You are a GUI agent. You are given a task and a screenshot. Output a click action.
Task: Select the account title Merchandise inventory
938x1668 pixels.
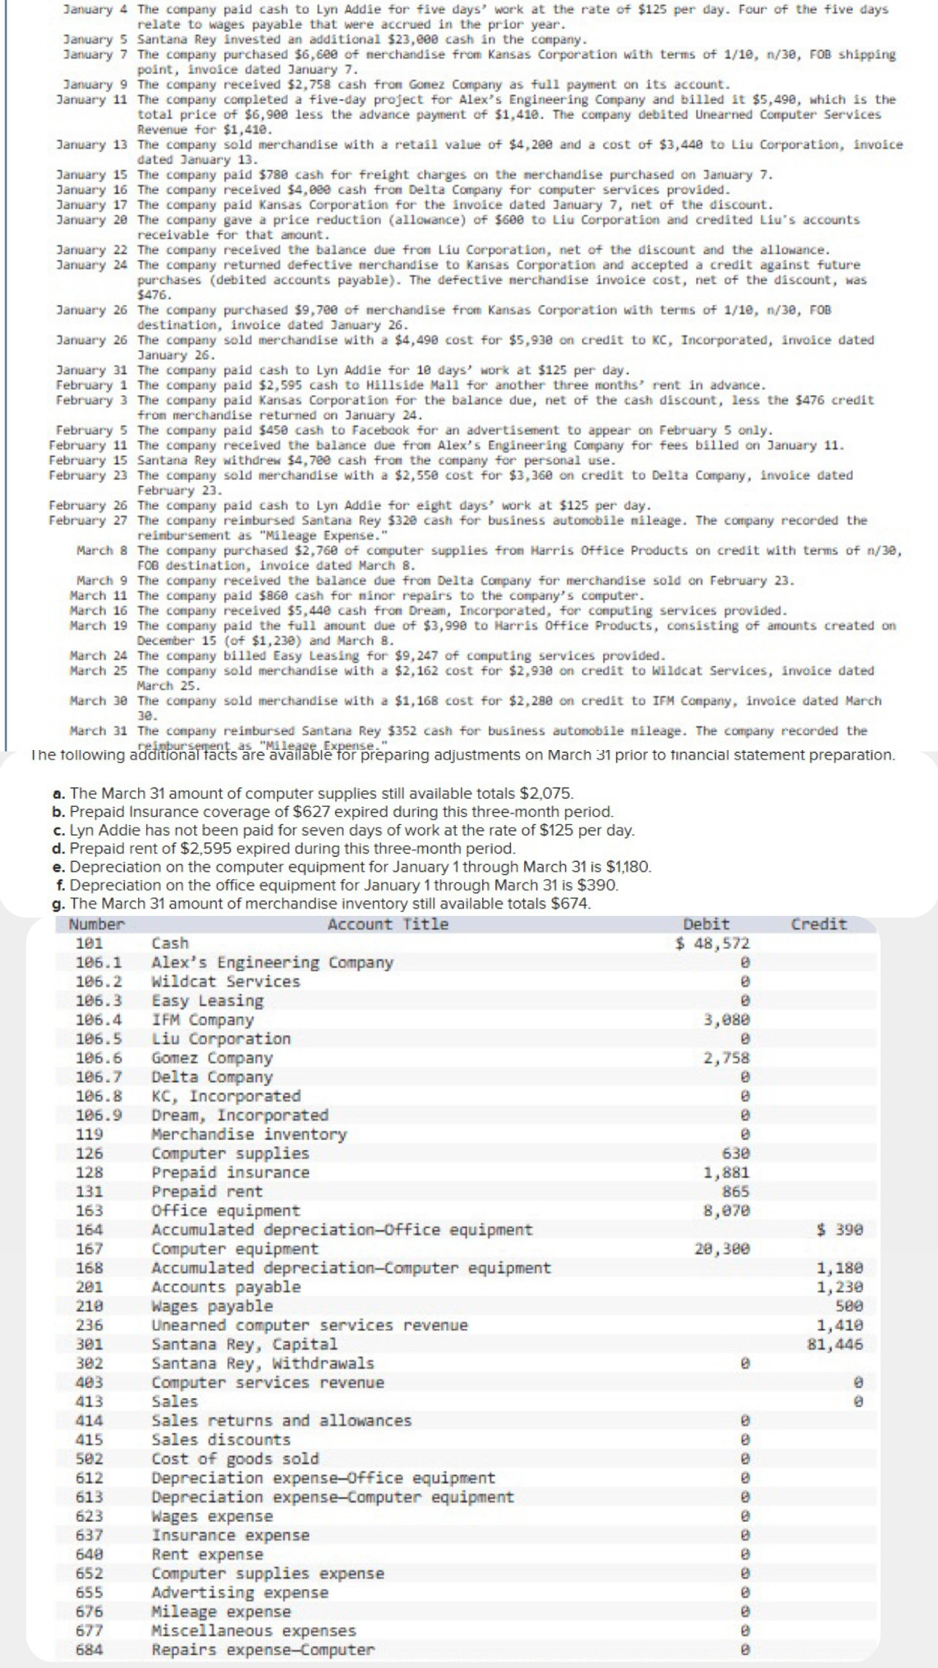(x=249, y=1134)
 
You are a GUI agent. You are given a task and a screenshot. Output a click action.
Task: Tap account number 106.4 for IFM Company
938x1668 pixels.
(x=98, y=1020)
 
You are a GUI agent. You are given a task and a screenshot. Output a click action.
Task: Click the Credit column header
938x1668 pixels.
(x=819, y=924)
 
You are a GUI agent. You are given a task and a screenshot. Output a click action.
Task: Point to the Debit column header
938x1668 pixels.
(x=706, y=924)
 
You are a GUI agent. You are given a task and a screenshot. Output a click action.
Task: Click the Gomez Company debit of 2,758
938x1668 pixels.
(x=726, y=1058)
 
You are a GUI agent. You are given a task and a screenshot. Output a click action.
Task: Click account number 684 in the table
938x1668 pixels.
(x=89, y=1650)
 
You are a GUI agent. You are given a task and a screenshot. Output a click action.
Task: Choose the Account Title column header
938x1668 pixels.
(x=388, y=924)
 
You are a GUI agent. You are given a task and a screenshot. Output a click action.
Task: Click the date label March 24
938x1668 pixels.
(x=98, y=655)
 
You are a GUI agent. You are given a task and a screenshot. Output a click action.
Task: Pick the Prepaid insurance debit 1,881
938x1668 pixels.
(x=726, y=1172)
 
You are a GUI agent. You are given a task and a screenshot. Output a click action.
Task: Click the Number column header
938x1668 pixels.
(x=97, y=924)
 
